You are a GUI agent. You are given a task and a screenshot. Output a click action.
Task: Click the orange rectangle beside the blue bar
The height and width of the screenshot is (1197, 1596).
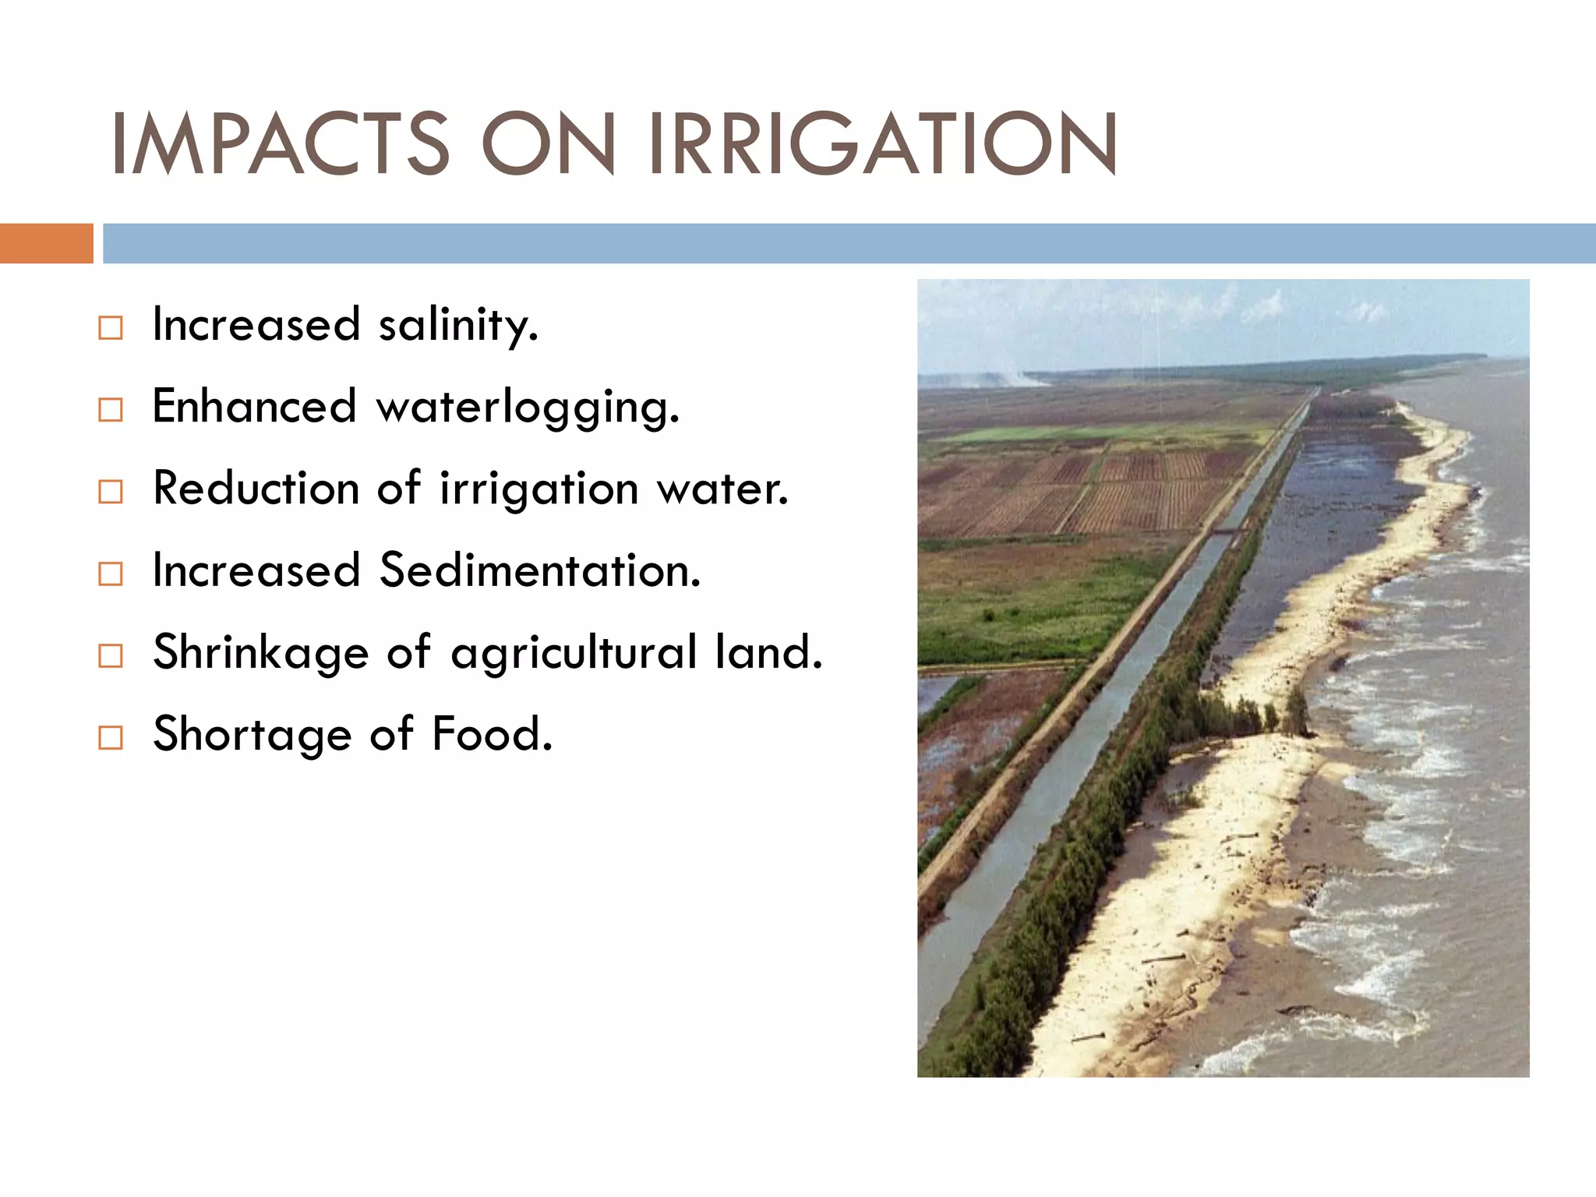[46, 243]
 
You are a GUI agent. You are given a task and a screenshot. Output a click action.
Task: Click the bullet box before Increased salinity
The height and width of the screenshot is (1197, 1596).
[111, 328]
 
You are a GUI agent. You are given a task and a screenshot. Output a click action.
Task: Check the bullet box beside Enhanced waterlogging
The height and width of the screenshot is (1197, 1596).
[111, 410]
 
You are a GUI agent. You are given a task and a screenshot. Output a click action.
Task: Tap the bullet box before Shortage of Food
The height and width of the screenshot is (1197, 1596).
[111, 738]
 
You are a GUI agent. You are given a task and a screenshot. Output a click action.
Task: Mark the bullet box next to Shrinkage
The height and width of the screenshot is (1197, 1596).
[111, 656]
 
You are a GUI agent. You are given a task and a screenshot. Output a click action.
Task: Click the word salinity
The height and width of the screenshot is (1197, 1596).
[458, 326]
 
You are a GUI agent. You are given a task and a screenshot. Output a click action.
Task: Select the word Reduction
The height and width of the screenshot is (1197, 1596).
[255, 489]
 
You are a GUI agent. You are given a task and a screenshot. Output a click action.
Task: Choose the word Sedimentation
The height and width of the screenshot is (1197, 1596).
[540, 570]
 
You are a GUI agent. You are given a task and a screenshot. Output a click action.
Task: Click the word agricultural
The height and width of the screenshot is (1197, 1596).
[574, 653]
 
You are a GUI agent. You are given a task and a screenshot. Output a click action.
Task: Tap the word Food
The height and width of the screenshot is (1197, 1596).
[492, 734]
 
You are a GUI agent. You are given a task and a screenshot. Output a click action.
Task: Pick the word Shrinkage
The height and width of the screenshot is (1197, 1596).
[260, 653]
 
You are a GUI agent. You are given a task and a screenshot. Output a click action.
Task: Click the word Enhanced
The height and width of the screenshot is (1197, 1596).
[254, 407]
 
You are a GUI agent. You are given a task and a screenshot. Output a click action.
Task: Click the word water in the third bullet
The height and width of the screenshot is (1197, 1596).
[722, 490]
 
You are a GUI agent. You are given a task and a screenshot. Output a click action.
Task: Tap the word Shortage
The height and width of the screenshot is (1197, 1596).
[252, 734]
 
